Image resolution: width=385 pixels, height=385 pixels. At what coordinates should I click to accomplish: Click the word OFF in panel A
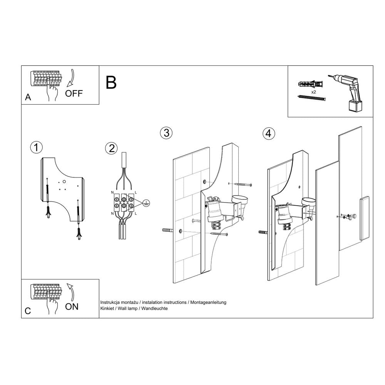pos(74,93)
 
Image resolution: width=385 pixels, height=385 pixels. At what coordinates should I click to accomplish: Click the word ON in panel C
pos(72,306)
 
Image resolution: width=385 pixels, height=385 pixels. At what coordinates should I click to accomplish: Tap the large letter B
pos(111,82)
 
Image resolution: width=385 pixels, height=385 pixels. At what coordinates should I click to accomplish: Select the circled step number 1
pos(36,147)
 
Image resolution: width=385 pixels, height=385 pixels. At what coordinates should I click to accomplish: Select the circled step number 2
pos(111,148)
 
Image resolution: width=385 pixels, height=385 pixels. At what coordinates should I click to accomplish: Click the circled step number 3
pos(166,133)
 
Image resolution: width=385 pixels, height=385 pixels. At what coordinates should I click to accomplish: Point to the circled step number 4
pos(269,134)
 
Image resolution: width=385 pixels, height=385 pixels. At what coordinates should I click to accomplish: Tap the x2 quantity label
pos(314,92)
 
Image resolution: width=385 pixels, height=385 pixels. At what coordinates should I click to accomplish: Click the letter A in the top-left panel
pos(28,98)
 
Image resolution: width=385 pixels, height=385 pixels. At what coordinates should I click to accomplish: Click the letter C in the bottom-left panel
pos(28,311)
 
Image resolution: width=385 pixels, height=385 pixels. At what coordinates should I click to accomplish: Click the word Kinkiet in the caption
pos(107,309)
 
